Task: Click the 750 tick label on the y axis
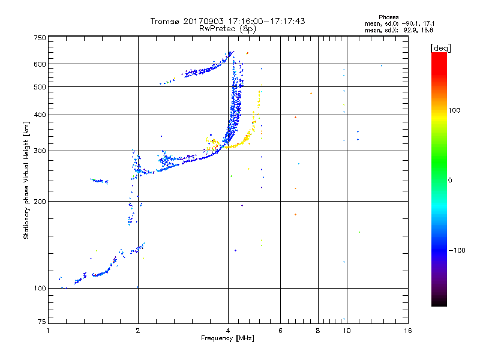click(x=39, y=38)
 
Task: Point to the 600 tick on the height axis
click(x=39, y=64)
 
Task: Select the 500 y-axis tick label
click(x=39, y=87)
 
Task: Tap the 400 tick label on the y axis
click(x=39, y=115)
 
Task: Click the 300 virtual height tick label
click(x=39, y=151)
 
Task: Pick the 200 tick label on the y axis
click(x=39, y=201)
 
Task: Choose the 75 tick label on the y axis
click(x=41, y=322)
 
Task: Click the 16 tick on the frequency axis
click(x=407, y=331)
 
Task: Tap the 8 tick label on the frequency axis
click(x=318, y=331)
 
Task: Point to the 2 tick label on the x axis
click(x=138, y=331)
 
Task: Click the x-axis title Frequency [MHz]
click(x=227, y=339)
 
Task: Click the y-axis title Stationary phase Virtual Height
click(x=26, y=180)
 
